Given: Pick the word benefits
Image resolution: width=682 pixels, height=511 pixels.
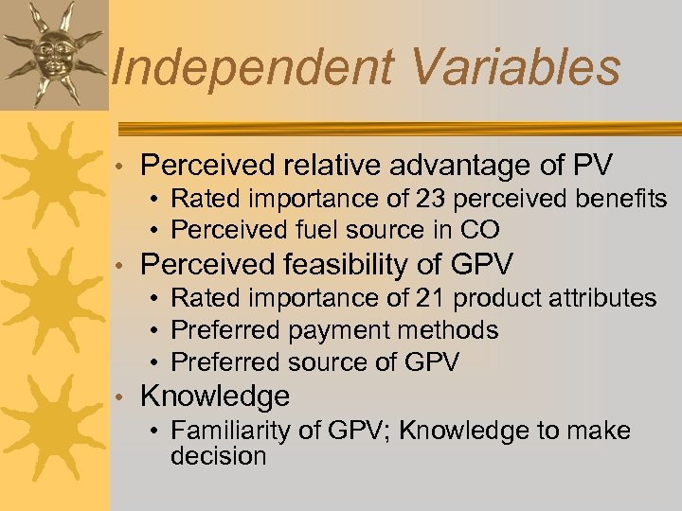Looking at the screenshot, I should click(x=619, y=200).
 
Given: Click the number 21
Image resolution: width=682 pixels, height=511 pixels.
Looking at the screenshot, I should click(x=431, y=298).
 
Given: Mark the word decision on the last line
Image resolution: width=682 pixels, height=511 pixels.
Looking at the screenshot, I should click(x=218, y=456).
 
